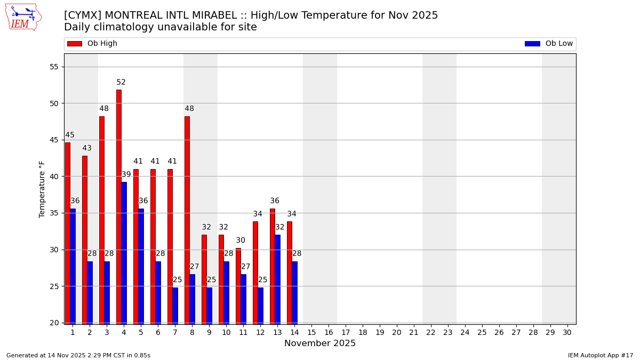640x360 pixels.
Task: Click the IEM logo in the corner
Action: [x=23, y=17]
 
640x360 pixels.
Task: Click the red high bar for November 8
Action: [x=187, y=220]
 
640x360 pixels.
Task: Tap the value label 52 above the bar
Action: [x=121, y=83]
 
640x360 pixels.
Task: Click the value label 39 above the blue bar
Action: [x=126, y=175]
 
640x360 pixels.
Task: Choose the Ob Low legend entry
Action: [x=549, y=44]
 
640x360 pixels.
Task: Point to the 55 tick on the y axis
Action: [x=53, y=67]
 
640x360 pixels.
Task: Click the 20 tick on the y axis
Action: [x=53, y=323]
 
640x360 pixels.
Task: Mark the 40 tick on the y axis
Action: [x=53, y=177]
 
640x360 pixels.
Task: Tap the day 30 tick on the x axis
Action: [x=567, y=332]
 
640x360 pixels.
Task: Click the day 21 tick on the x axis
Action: [x=413, y=332]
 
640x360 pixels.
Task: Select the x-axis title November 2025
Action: [x=320, y=343]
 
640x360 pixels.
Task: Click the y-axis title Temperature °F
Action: [x=43, y=189]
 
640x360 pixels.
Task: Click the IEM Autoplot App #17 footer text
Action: [x=601, y=355]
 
